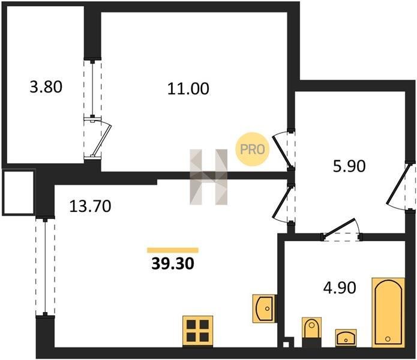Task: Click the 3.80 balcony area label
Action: [46, 87]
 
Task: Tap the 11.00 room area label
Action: [188, 89]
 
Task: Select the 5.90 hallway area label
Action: [349, 166]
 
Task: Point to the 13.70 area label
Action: [90, 206]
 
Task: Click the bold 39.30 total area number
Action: [173, 264]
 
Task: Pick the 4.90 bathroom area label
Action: [340, 288]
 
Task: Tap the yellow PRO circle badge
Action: [253, 149]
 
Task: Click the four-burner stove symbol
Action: [197, 331]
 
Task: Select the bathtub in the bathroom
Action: [388, 313]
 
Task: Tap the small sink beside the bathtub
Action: [346, 338]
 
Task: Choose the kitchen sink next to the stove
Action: [263, 308]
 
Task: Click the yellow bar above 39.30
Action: [173, 250]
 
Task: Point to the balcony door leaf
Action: [101, 140]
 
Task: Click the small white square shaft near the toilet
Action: [286, 344]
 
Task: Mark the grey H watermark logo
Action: [209, 177]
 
